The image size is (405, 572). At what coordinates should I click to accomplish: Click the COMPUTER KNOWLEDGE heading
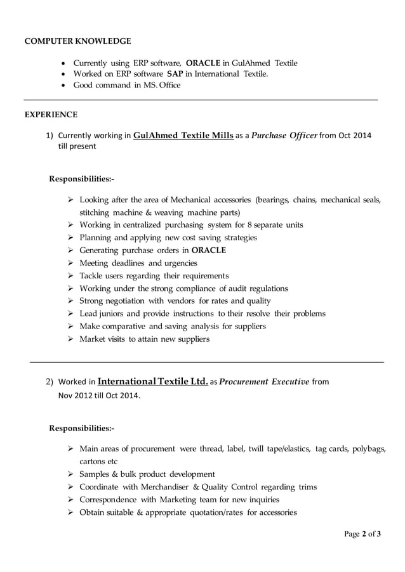(x=77, y=41)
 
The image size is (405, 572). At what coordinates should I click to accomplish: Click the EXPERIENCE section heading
(x=51, y=115)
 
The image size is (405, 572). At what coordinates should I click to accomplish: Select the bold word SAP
(x=175, y=74)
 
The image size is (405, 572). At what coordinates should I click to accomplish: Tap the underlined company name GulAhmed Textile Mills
(x=183, y=135)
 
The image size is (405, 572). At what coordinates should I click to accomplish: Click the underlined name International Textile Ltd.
(x=153, y=382)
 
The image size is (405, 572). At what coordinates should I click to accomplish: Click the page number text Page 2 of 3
(x=362, y=534)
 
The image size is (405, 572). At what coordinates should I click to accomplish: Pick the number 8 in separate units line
(x=249, y=225)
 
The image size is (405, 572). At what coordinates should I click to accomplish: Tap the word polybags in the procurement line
(x=369, y=449)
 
